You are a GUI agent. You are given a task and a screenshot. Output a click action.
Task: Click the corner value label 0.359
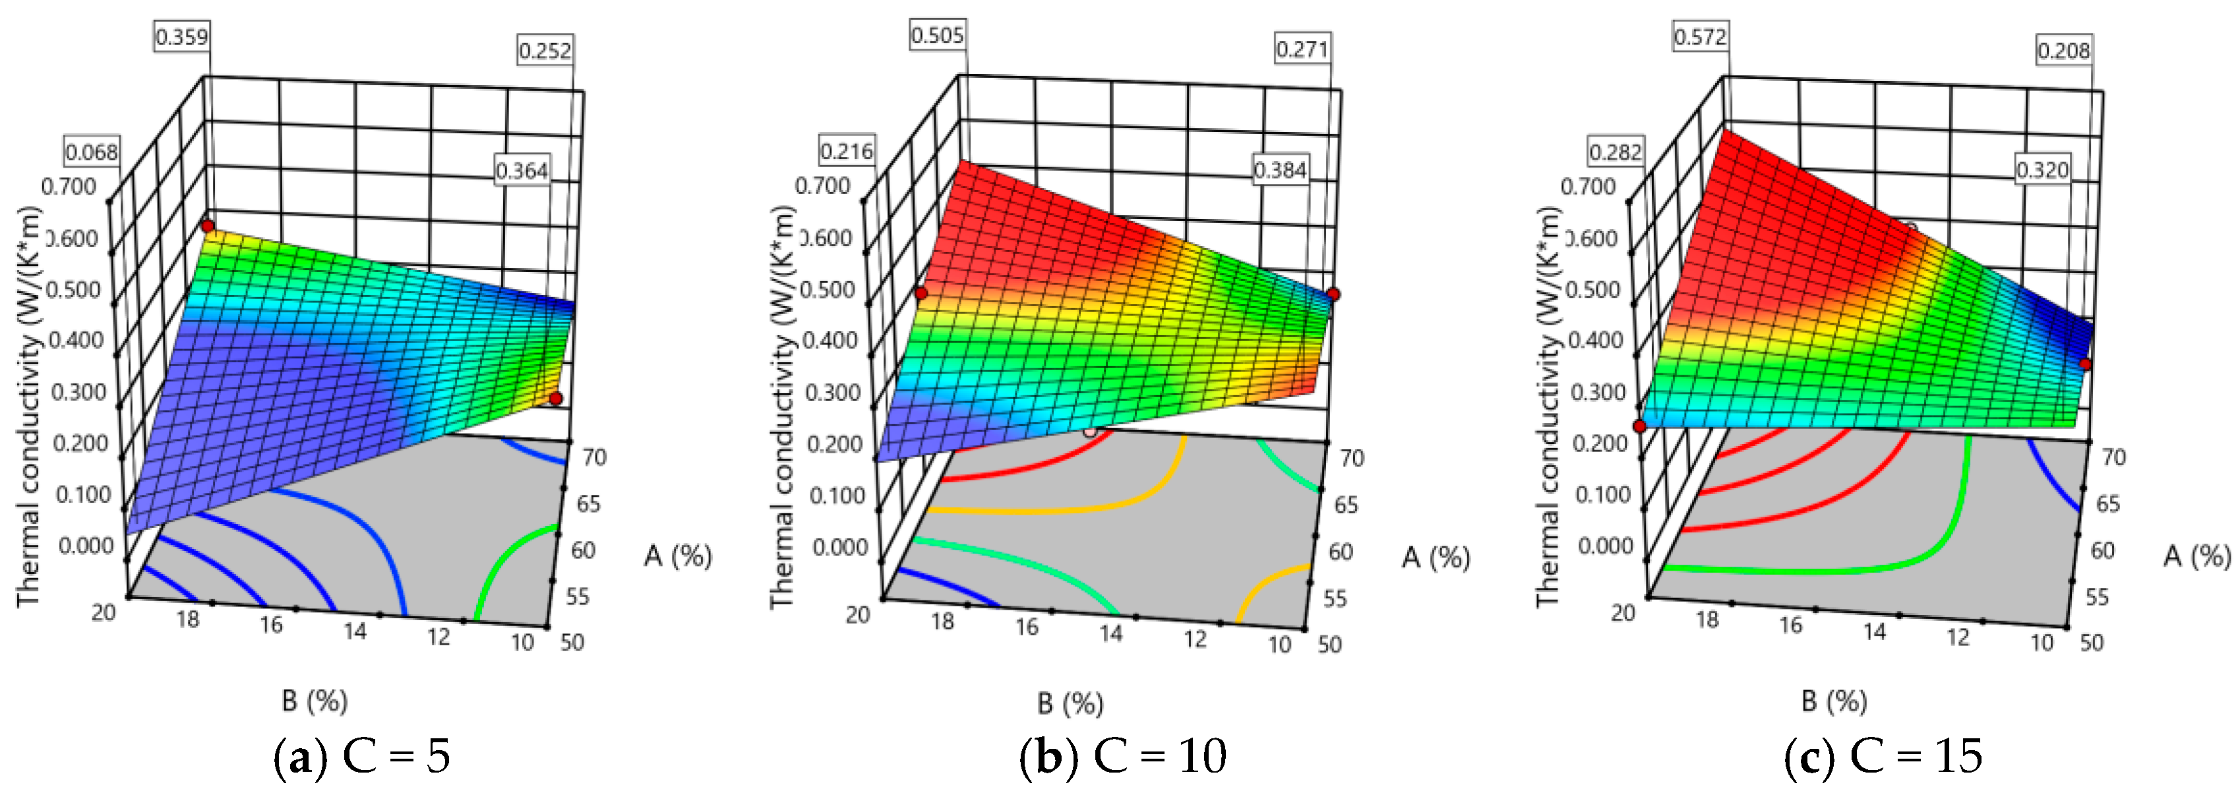(182, 36)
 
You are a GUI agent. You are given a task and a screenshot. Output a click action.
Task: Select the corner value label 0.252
(545, 50)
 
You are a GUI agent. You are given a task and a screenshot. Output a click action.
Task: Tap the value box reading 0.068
(91, 152)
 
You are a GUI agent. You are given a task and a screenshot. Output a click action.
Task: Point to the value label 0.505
(938, 36)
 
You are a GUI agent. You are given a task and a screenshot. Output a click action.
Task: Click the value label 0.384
(1280, 170)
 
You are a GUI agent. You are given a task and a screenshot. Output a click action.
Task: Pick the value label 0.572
(1700, 36)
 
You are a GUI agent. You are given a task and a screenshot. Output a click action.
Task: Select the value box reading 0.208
(2063, 50)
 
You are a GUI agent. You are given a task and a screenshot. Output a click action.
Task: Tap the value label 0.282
(1616, 152)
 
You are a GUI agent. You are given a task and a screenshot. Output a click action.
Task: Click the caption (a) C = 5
(362, 757)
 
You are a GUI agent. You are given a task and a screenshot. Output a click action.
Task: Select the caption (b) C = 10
(1122, 757)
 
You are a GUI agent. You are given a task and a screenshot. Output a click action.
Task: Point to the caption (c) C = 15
(1883, 757)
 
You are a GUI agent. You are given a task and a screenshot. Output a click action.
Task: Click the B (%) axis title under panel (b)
(1070, 703)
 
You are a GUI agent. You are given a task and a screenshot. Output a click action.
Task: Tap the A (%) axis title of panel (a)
(677, 555)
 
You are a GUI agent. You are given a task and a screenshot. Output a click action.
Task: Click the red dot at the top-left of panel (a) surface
(208, 226)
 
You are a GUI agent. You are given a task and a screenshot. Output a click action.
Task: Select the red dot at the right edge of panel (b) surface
(1333, 294)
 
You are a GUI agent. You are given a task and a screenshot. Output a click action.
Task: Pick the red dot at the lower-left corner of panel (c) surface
(1639, 426)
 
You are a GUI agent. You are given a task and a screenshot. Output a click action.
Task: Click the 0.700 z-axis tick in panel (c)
(1588, 186)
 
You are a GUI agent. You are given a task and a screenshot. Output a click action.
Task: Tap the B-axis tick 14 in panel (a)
(354, 631)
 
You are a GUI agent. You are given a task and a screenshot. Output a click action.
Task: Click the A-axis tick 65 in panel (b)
(1346, 505)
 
